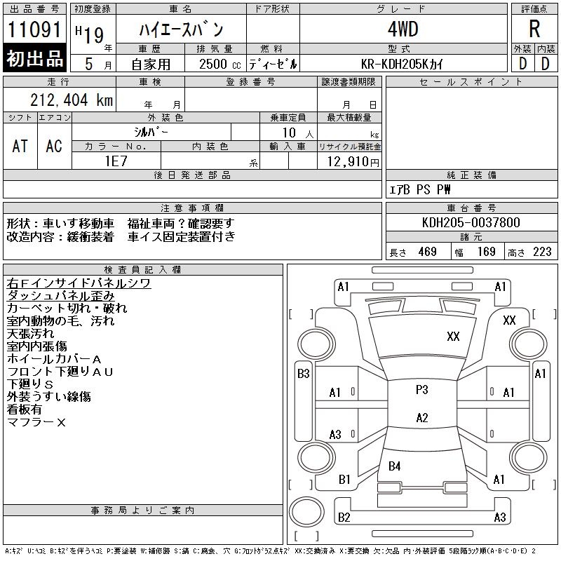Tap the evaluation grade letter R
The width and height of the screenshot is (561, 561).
tap(534, 29)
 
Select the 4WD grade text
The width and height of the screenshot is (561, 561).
tap(403, 29)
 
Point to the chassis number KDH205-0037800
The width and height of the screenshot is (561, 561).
tap(471, 222)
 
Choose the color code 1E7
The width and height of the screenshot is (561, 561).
tap(116, 161)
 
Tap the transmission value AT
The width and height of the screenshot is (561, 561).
tap(20, 146)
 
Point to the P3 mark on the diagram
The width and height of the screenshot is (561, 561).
tap(421, 390)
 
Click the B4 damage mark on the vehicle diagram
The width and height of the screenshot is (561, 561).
tap(395, 466)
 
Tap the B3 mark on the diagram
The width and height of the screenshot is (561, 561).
tap(303, 374)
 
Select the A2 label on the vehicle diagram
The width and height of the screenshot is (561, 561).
tap(421, 418)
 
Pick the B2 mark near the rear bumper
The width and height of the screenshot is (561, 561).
tap(344, 518)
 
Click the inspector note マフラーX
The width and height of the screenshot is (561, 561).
tap(36, 422)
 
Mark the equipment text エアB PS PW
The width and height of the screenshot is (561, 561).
tap(420, 189)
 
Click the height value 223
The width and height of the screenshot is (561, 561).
tap(542, 252)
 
